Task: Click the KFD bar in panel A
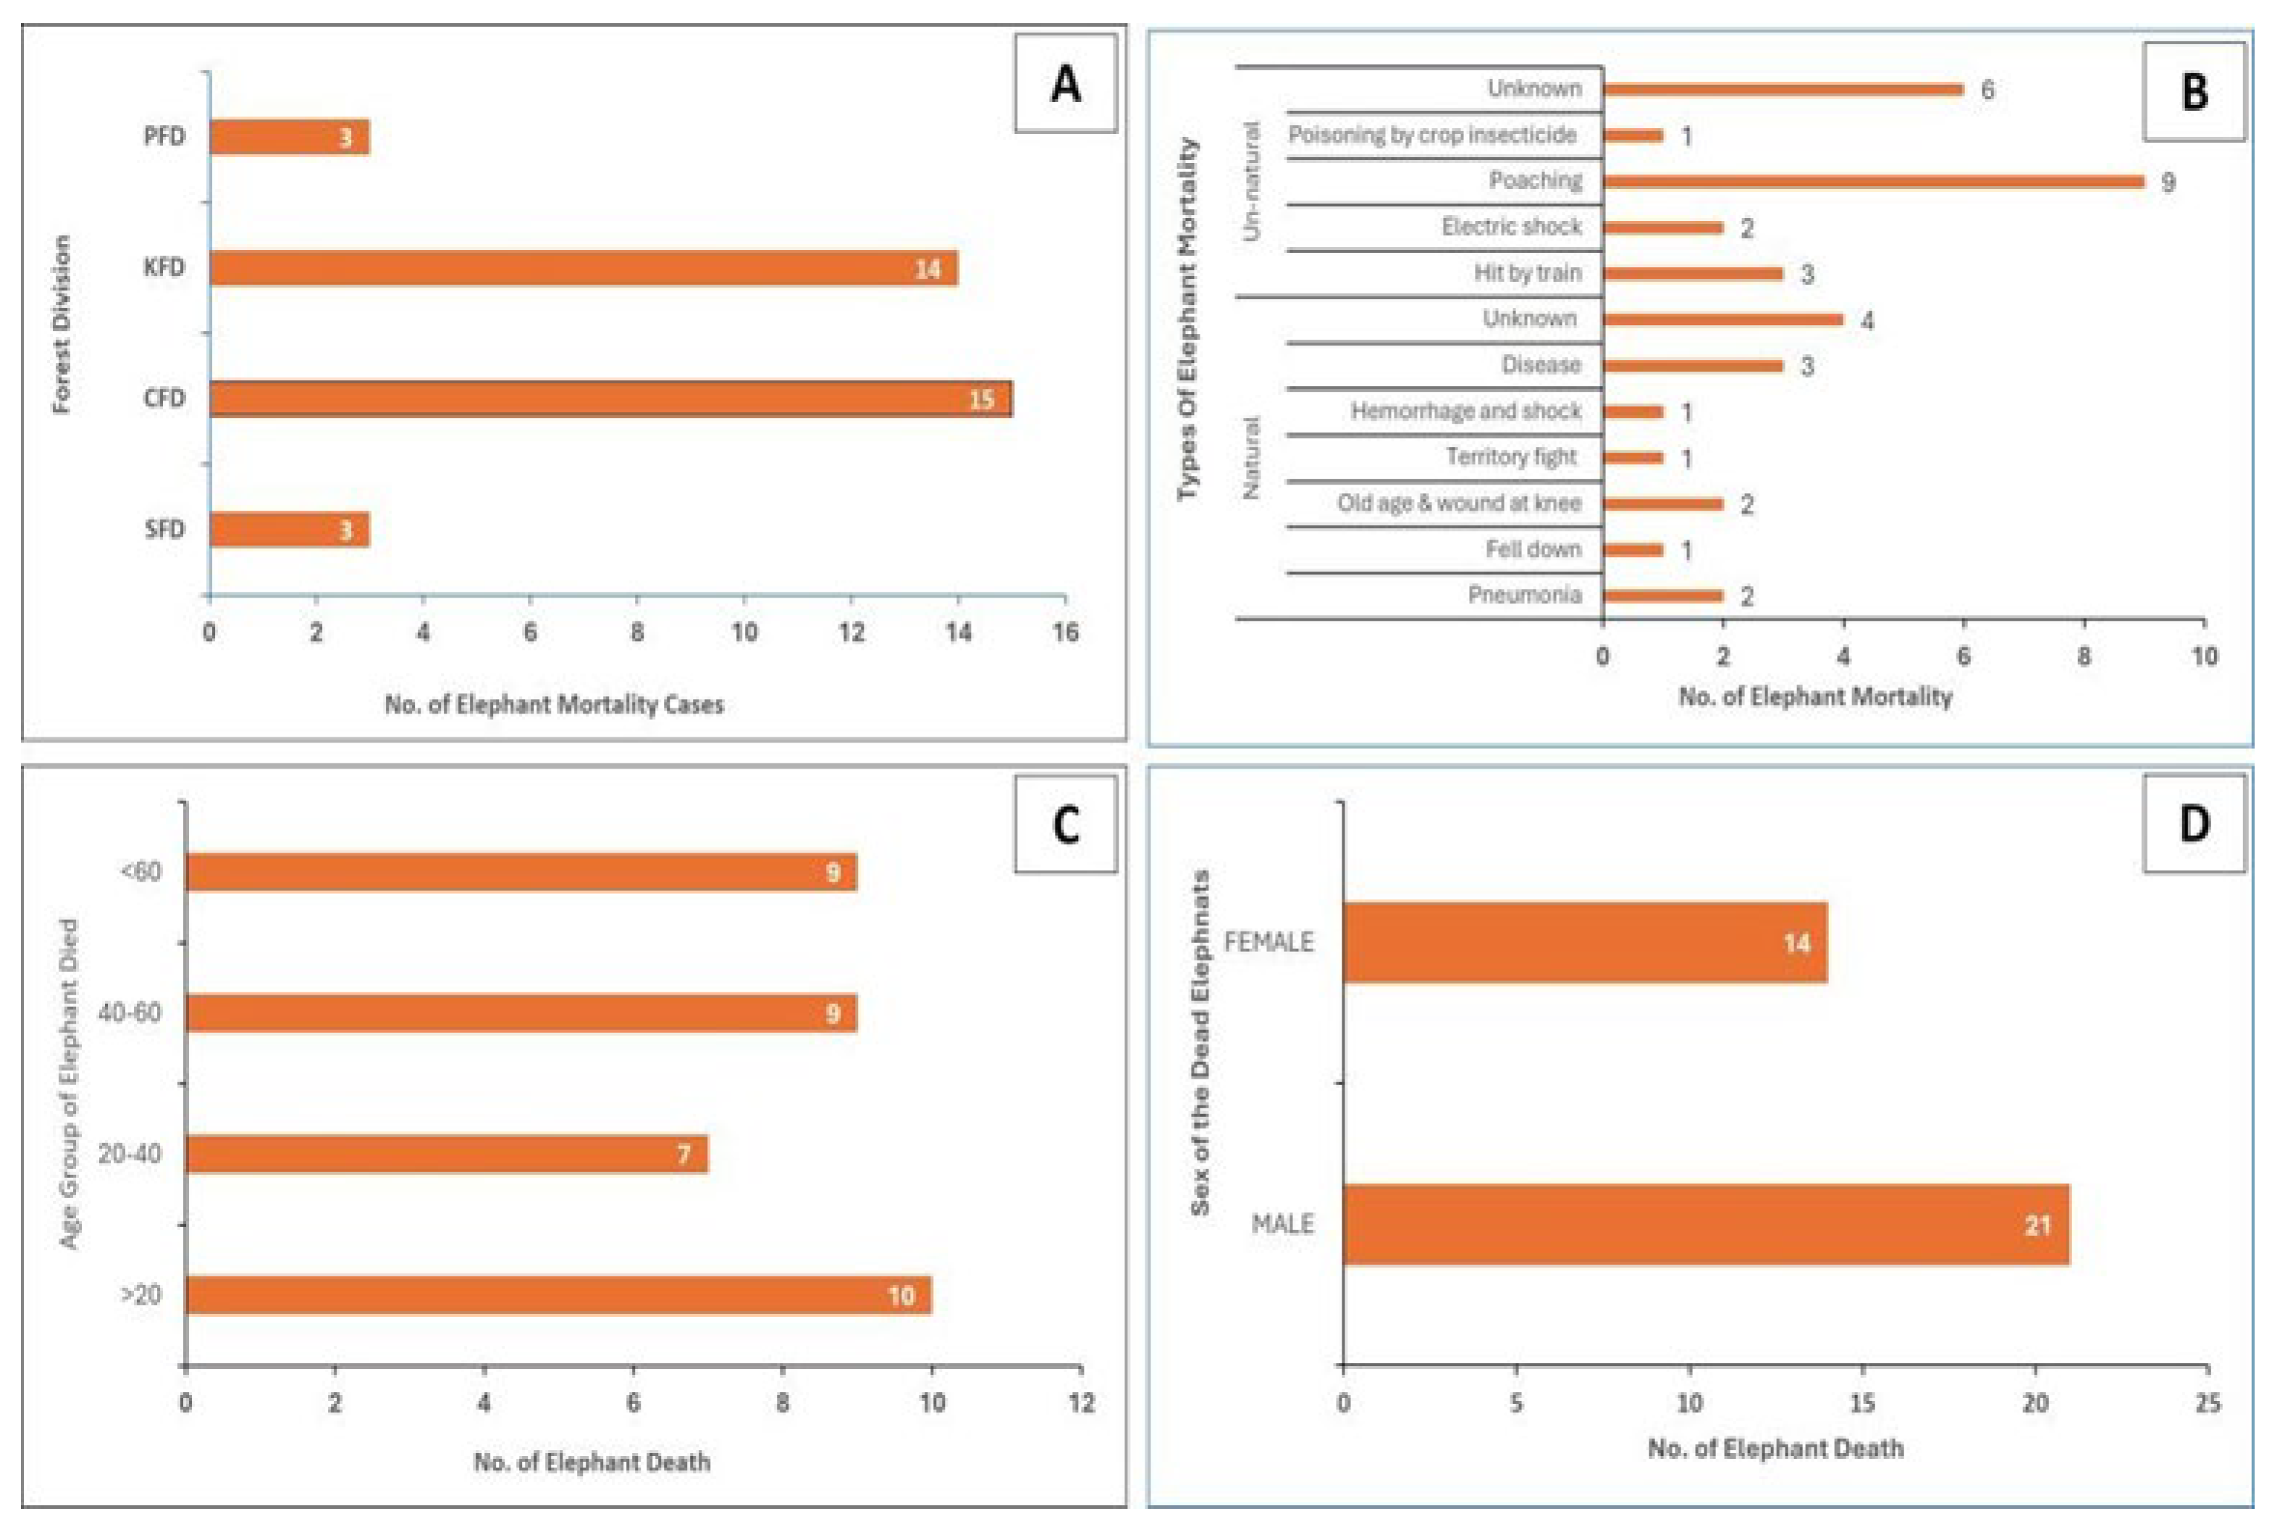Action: coord(584,268)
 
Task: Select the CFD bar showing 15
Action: coord(611,399)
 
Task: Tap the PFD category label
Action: coord(164,137)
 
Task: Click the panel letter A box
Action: coord(1064,84)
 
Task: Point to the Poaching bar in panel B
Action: coord(1872,182)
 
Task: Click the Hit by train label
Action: coord(1527,273)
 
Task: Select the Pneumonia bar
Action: coord(1663,595)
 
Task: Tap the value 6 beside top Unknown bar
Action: coord(1987,90)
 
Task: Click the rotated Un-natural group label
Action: coord(1250,182)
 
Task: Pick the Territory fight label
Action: coord(1510,456)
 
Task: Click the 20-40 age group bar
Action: coord(447,1154)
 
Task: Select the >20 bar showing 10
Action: coord(558,1294)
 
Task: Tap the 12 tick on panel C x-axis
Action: coord(1081,1403)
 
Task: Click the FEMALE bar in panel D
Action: coord(1585,942)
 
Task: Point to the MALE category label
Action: coord(1282,1224)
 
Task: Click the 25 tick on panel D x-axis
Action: coord(2208,1403)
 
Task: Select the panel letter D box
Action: coord(2194,824)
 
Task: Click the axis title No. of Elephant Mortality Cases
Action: coord(553,704)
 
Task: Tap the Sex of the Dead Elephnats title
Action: coord(1200,1042)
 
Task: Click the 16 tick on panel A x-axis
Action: coord(1064,632)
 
